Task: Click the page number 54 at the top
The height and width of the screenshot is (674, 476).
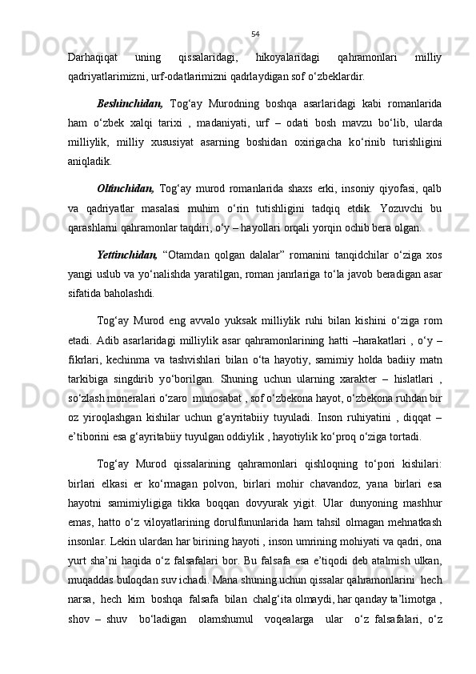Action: pyautogui.click(x=255, y=34)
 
